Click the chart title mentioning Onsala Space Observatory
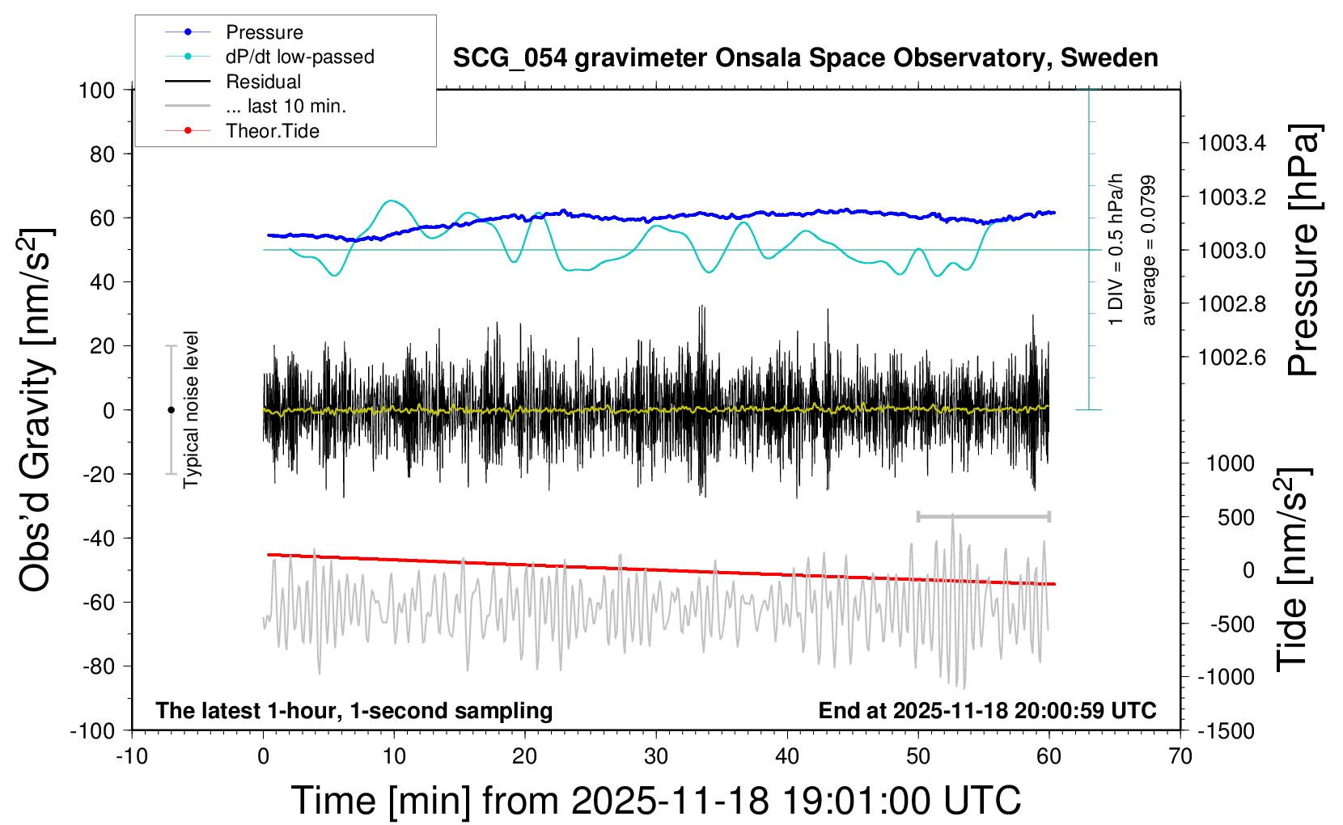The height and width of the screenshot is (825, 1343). pyautogui.click(x=805, y=58)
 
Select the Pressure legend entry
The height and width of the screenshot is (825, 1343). pyautogui.click(x=265, y=32)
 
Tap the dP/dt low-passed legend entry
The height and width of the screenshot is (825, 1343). pyautogui.click(x=299, y=57)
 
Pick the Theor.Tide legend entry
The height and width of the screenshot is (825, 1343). pyautogui.click(x=273, y=131)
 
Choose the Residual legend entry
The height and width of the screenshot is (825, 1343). pyautogui.click(x=263, y=82)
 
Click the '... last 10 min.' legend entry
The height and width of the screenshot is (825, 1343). pyautogui.click(x=286, y=106)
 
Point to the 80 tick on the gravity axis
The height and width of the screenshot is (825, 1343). pyautogui.click(x=101, y=154)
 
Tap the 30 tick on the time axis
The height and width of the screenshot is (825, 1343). pyautogui.click(x=656, y=756)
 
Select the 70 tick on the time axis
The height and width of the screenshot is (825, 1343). pyautogui.click(x=1180, y=756)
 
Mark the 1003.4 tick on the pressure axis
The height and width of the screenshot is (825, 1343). pyautogui.click(x=1232, y=143)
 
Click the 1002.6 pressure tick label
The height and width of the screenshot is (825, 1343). pyautogui.click(x=1232, y=357)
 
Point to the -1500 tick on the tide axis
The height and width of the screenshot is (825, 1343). pyautogui.click(x=1225, y=730)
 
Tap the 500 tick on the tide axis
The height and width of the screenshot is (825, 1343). pyautogui.click(x=1236, y=517)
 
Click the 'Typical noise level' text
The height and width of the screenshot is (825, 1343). pyautogui.click(x=191, y=409)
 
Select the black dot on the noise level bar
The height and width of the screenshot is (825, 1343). pyautogui.click(x=171, y=410)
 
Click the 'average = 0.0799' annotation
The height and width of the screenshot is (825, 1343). pyautogui.click(x=1148, y=251)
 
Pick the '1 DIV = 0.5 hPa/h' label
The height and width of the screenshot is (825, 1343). pyautogui.click(x=1116, y=249)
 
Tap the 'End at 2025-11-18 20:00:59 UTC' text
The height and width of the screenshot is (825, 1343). pyautogui.click(x=987, y=710)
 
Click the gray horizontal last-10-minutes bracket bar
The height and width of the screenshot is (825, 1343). pyautogui.click(x=983, y=516)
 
